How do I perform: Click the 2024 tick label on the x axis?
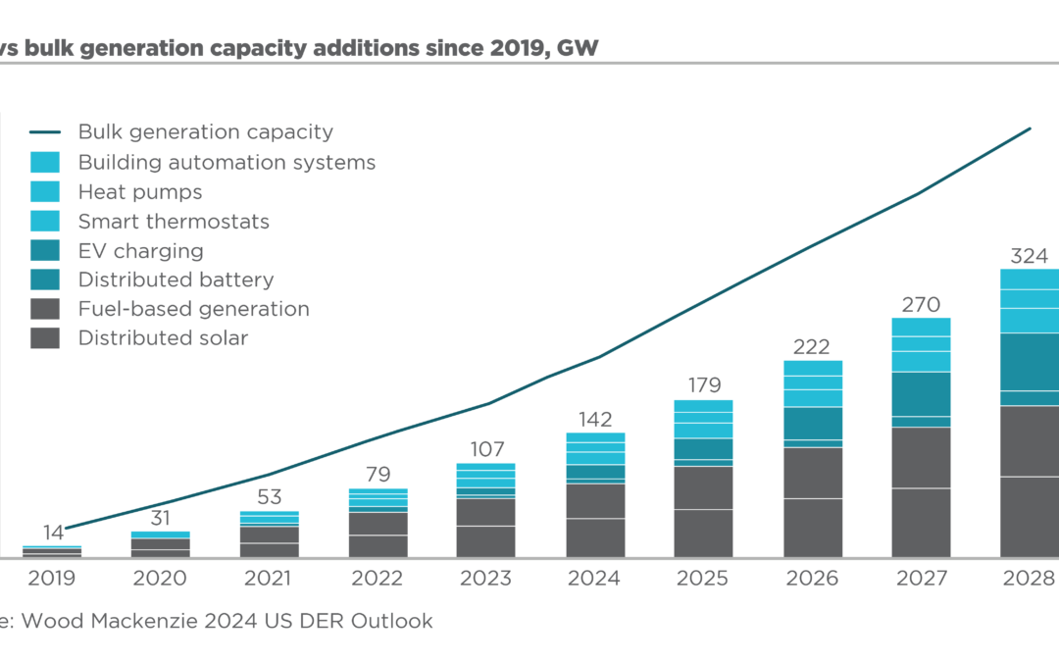[x=594, y=579]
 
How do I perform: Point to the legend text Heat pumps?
[x=140, y=192]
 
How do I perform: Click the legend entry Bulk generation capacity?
[x=206, y=132]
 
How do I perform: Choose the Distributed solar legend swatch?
[x=44, y=338]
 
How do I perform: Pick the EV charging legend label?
[x=140, y=251]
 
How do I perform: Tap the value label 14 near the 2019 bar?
[x=53, y=534]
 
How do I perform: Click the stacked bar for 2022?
[x=378, y=524]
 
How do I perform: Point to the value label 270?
[x=920, y=303]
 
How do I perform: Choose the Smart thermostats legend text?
[x=174, y=222]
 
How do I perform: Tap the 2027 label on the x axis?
[x=920, y=579]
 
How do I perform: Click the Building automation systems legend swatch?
[x=44, y=163]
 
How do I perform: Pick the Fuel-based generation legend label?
[x=193, y=309]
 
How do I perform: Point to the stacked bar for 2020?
[x=161, y=545]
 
